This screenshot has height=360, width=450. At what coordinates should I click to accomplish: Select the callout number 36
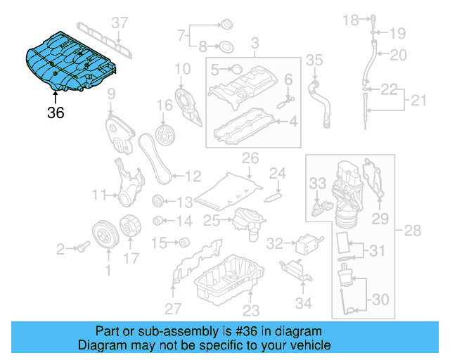point(56,112)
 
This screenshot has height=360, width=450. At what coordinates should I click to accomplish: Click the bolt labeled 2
point(83,247)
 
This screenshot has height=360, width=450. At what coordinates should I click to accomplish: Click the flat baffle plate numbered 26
point(229,186)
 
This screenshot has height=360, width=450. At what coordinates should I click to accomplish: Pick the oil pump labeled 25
point(244,221)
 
